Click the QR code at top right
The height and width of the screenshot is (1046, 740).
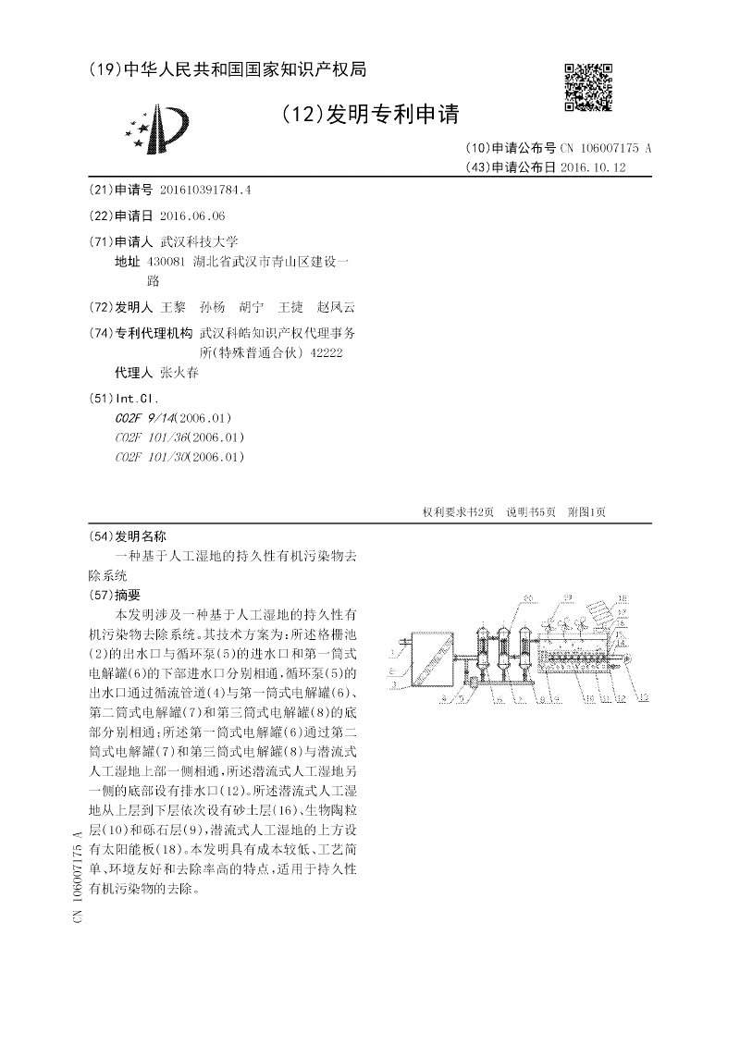588,88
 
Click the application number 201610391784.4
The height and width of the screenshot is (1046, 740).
205,190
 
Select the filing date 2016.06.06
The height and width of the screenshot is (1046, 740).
192,215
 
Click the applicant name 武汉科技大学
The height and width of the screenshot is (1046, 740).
199,241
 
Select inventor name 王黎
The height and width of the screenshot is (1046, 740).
173,307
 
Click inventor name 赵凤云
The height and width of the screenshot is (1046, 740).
336,307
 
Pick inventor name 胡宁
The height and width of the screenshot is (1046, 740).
251,307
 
